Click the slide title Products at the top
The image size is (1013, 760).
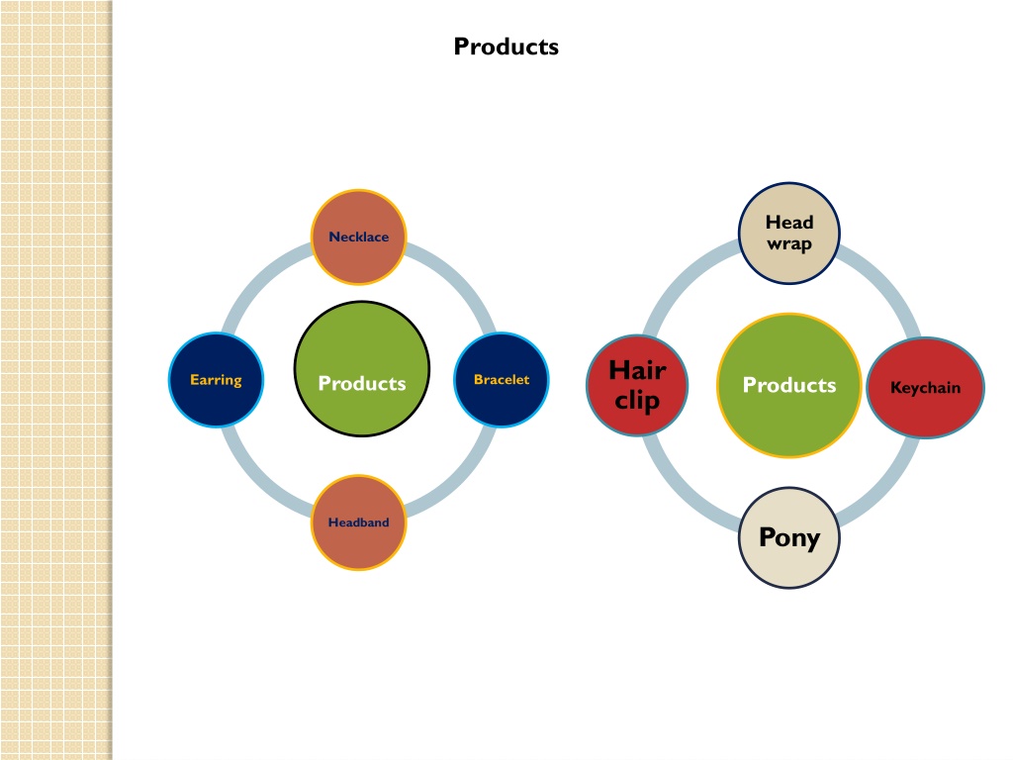point(506,47)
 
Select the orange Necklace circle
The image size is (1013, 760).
point(359,237)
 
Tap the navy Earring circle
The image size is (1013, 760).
point(216,380)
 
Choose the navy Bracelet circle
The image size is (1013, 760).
point(502,380)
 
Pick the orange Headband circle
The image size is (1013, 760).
point(359,522)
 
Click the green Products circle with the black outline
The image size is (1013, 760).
point(362,369)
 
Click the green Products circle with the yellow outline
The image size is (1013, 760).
point(788,386)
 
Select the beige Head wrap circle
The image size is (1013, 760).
point(788,234)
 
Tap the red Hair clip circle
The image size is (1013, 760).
point(637,386)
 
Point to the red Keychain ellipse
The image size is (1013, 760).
point(925,388)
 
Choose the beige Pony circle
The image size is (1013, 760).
point(788,537)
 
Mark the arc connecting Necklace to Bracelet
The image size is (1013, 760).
point(460,279)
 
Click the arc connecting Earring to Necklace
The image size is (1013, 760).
point(258,279)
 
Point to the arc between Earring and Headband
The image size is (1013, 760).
point(258,481)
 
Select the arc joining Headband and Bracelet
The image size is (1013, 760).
point(460,481)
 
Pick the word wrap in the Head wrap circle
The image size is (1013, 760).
point(788,245)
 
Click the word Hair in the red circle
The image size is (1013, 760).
point(637,370)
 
